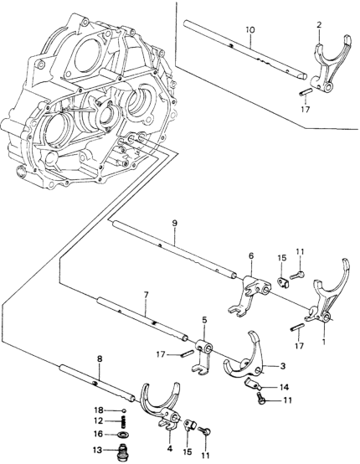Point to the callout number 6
tap(249, 257)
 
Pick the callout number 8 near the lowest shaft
tap(100, 358)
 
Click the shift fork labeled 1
tap(322, 301)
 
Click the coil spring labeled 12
tap(125, 420)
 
